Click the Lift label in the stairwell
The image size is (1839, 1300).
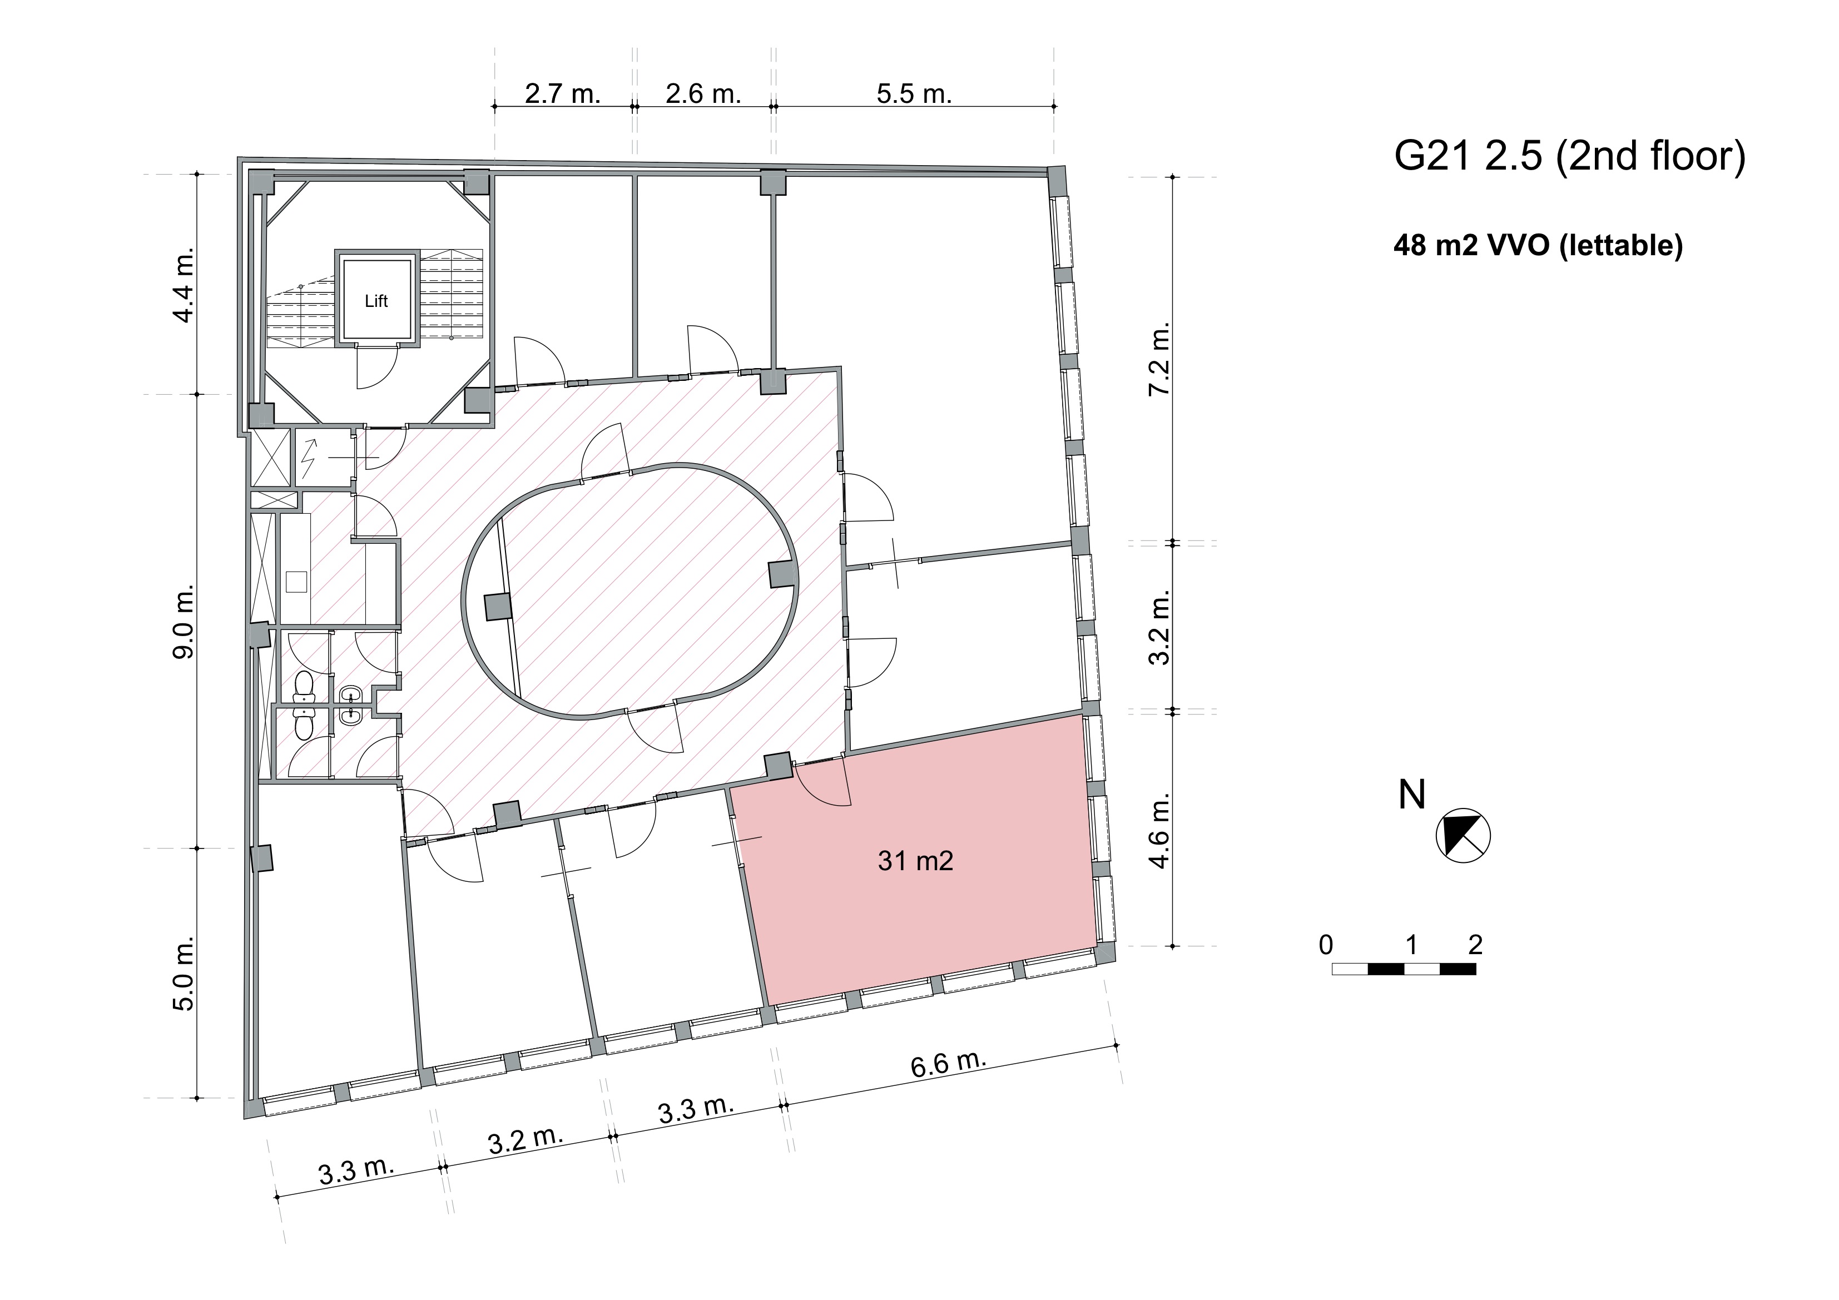376,301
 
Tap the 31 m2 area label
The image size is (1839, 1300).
915,861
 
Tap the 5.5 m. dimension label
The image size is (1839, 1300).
914,94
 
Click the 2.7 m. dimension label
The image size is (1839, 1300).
562,94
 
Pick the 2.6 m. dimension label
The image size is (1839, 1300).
703,94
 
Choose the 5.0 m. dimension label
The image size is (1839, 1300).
184,973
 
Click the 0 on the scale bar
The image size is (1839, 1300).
1326,945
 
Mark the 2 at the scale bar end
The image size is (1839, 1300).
1475,945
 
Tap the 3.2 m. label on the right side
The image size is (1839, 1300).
1160,627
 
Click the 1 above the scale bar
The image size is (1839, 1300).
1411,945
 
